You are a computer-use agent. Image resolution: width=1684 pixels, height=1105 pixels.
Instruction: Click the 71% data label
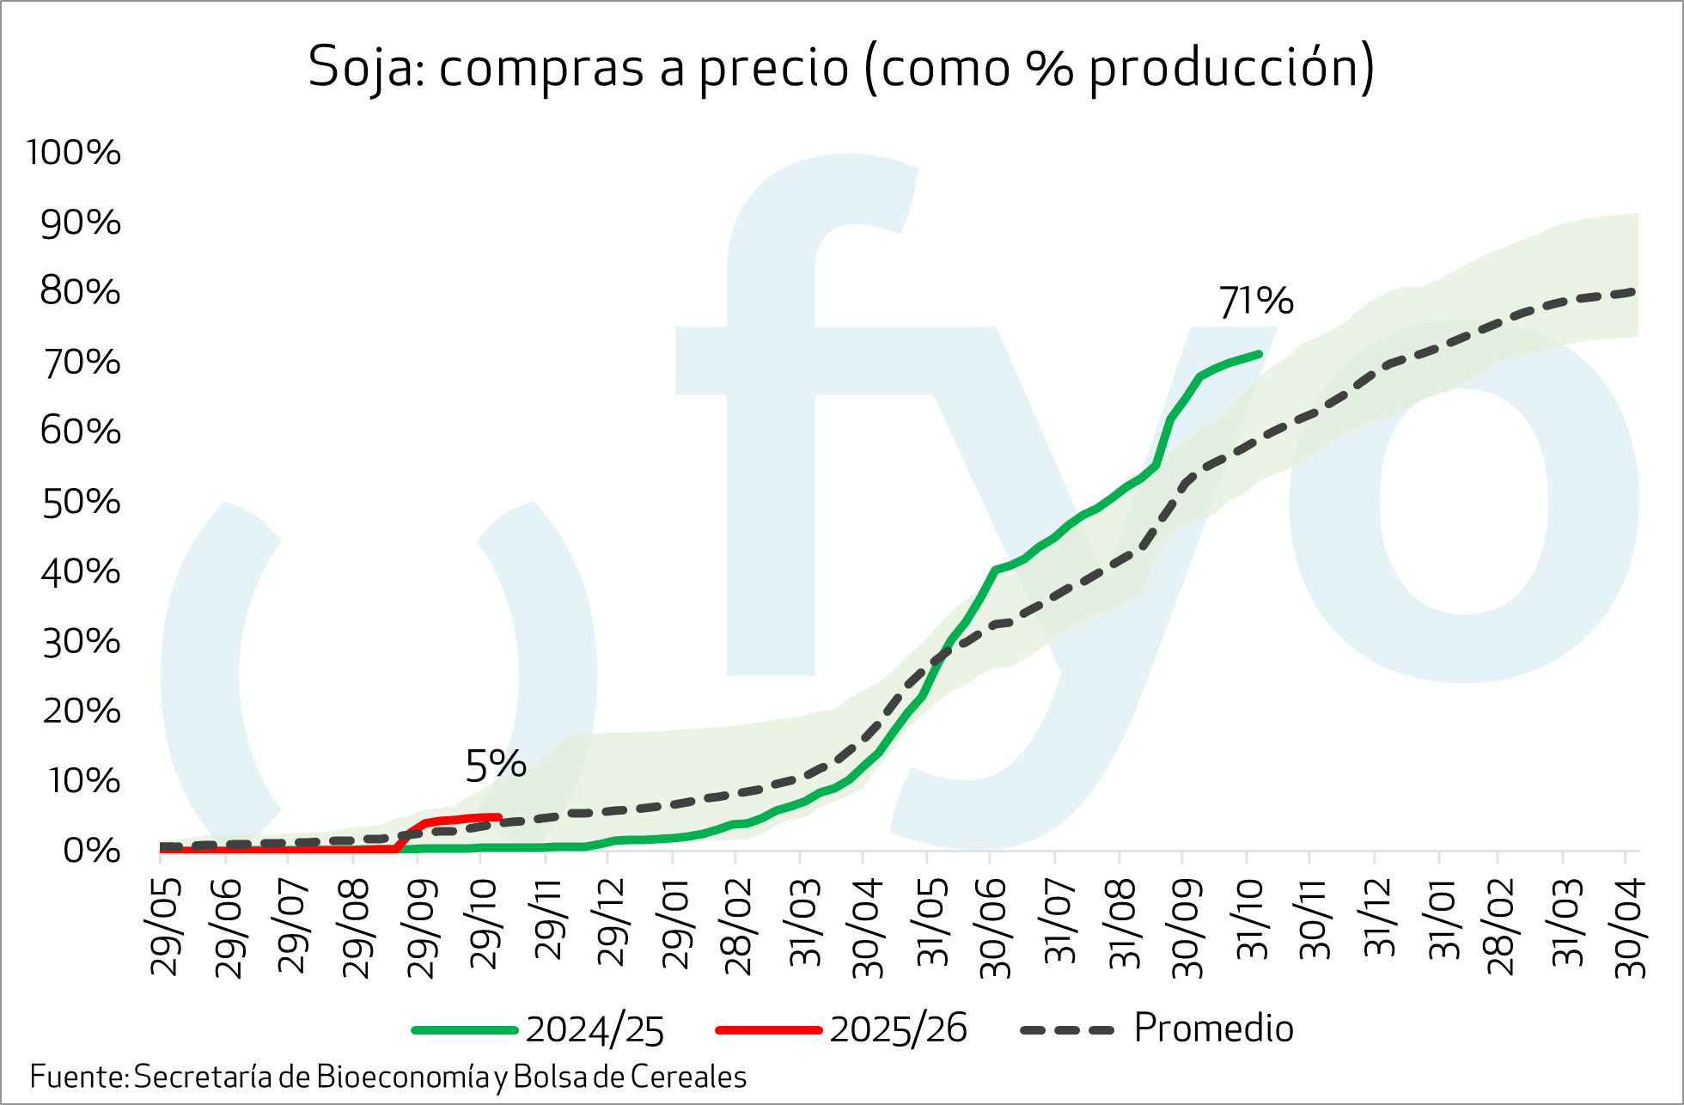point(1255,302)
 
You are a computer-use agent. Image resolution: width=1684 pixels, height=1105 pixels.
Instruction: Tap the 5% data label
point(495,765)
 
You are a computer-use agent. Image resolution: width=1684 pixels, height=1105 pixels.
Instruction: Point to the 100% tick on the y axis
point(74,153)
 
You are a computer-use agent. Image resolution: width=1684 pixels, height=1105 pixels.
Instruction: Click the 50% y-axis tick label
point(82,503)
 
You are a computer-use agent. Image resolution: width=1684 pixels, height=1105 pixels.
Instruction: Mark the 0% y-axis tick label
point(92,852)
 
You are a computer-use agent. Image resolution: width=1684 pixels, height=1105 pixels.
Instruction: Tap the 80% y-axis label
point(81,293)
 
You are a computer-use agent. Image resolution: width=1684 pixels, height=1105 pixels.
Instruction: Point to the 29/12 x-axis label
point(611,924)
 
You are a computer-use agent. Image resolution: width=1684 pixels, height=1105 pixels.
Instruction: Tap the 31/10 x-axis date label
point(1252,921)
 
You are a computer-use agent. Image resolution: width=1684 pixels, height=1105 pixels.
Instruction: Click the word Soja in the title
point(361,67)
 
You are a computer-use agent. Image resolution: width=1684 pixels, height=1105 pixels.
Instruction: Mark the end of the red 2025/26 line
point(498,816)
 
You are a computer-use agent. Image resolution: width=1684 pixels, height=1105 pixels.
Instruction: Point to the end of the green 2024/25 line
point(1259,354)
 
